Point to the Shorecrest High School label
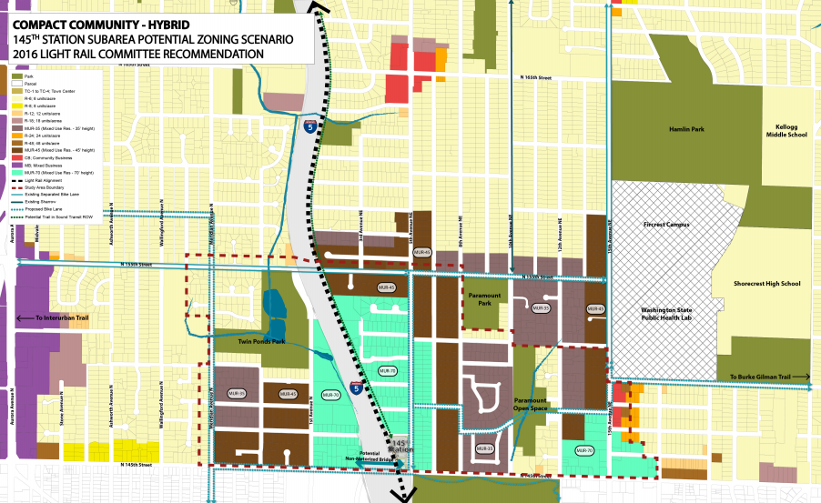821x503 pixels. tap(766, 283)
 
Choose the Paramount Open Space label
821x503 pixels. tap(530, 405)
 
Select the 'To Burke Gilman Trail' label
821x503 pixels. tap(758, 377)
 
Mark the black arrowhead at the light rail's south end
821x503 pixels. tap(397, 494)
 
